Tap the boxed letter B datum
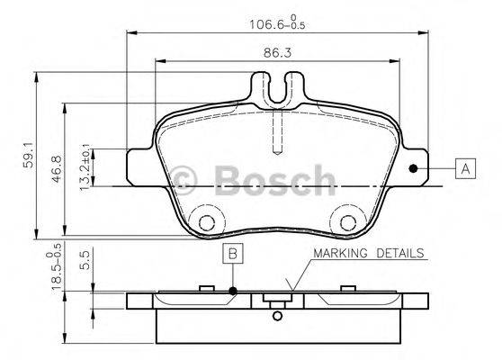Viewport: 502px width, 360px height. pos(232,255)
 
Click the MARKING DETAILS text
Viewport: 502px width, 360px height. pos(368,253)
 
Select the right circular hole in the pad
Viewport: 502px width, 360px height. pos(348,223)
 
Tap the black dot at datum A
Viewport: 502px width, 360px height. pos(413,168)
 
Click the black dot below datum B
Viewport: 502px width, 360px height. pos(232,290)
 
